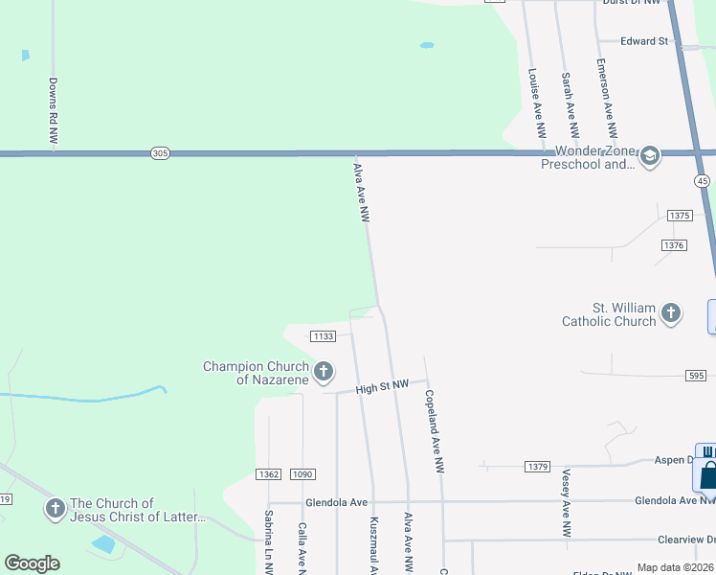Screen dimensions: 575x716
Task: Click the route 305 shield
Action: point(160,153)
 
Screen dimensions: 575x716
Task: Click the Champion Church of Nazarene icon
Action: point(324,371)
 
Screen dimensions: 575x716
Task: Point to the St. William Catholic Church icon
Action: point(671,312)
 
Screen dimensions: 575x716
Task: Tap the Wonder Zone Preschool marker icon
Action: point(650,156)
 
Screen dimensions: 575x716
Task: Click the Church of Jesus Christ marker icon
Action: point(55,508)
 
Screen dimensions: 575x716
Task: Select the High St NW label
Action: point(382,386)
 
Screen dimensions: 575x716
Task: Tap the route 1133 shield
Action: point(324,335)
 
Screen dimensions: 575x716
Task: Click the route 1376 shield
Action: point(674,246)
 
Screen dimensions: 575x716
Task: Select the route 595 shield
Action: point(696,376)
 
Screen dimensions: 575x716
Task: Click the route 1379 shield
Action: point(538,467)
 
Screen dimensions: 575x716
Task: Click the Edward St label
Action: point(643,41)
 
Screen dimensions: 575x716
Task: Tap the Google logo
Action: point(32,563)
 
